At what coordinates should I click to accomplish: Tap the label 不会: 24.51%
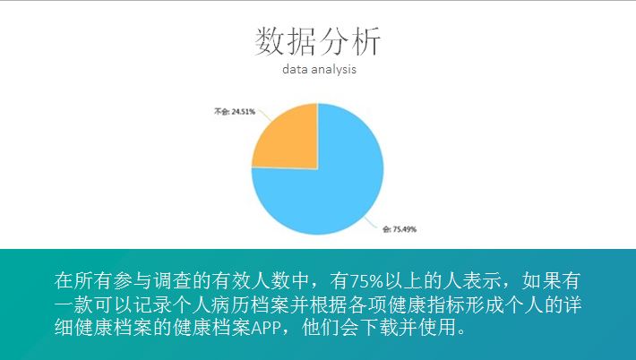pos(235,111)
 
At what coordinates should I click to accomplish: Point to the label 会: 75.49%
pos(400,229)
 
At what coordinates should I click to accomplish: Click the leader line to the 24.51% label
pos(264,116)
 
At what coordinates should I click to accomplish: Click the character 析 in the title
pos(366,41)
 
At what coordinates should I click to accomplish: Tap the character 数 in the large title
pos(270,41)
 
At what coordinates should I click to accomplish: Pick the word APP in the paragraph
pos(266,328)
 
